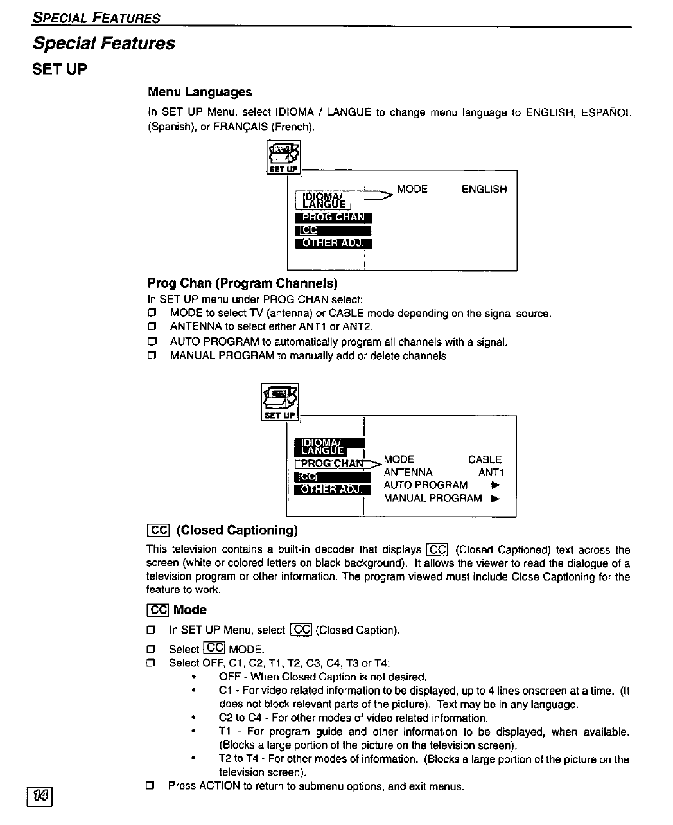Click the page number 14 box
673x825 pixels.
[39, 797]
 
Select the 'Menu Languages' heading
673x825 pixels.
[200, 92]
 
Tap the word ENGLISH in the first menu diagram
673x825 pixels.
[484, 190]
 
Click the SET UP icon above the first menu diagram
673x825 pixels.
[283, 157]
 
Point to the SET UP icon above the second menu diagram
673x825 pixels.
[280, 402]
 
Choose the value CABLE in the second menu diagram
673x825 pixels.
[485, 459]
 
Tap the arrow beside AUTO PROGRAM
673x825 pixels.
[494, 485]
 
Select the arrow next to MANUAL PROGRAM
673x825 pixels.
[494, 498]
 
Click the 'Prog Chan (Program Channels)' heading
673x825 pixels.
[242, 283]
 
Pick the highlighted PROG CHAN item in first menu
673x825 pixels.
[333, 217]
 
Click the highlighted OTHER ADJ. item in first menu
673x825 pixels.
[333, 242]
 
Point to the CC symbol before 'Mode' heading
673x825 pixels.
[158, 610]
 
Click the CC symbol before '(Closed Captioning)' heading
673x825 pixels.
[158, 530]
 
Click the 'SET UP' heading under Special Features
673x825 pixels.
[60, 69]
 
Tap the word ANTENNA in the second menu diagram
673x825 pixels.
[408, 472]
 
